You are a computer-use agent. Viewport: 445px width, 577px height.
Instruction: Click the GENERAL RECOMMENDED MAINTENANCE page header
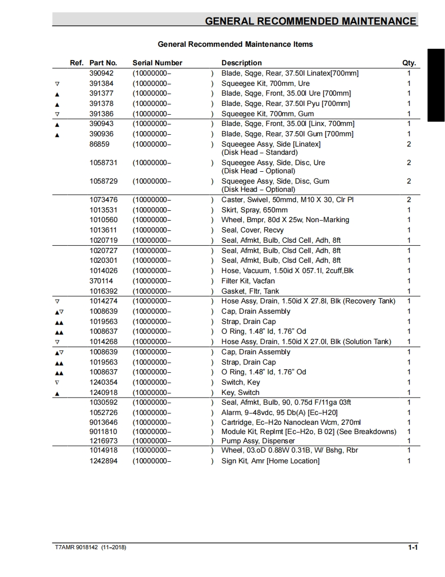[x=310, y=21]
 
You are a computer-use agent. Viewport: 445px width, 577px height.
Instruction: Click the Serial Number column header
[x=157, y=63]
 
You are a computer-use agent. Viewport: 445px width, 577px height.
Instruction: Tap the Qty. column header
[x=409, y=63]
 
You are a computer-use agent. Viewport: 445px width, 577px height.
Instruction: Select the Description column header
[x=242, y=63]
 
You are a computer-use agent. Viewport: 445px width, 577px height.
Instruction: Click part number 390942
[x=102, y=73]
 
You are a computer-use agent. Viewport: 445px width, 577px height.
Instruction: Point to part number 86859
[x=100, y=144]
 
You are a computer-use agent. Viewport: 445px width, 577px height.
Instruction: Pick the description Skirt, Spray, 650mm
[x=254, y=210]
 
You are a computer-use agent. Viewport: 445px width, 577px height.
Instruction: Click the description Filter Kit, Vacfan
[x=248, y=281]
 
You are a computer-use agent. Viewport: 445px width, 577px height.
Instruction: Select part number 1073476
[x=103, y=200]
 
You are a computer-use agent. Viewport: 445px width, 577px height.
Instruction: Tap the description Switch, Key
[x=240, y=382]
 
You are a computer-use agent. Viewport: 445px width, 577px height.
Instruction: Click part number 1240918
[x=103, y=392]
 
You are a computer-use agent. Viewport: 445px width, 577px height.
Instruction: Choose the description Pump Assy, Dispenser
[x=258, y=441]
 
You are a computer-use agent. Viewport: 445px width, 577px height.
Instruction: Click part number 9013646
[x=103, y=422]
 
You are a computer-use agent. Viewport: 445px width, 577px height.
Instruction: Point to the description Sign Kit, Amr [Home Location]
[x=270, y=461]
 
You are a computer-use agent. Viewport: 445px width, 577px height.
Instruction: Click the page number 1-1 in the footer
[x=413, y=548]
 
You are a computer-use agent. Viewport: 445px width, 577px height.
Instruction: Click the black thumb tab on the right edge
[x=436, y=85]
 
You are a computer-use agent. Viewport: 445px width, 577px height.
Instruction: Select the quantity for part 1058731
[x=409, y=163]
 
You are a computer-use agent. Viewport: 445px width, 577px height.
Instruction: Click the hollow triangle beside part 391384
[x=57, y=83]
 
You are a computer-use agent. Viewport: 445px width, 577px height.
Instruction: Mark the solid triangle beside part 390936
[x=57, y=135]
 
